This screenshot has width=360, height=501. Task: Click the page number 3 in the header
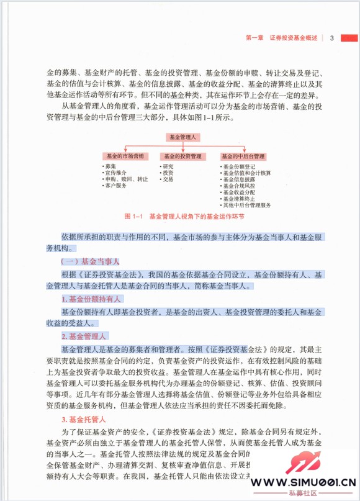coord(332,38)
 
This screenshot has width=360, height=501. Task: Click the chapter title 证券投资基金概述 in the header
coord(294,38)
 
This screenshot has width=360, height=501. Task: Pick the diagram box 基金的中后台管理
coord(243,156)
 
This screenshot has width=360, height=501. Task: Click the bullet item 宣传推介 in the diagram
coord(116,173)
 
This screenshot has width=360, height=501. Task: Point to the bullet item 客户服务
coord(116,185)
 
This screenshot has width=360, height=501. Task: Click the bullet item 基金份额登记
coord(239,167)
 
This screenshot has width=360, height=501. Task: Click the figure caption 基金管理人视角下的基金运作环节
coord(197,216)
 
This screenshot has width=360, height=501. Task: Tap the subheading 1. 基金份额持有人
coord(91,299)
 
